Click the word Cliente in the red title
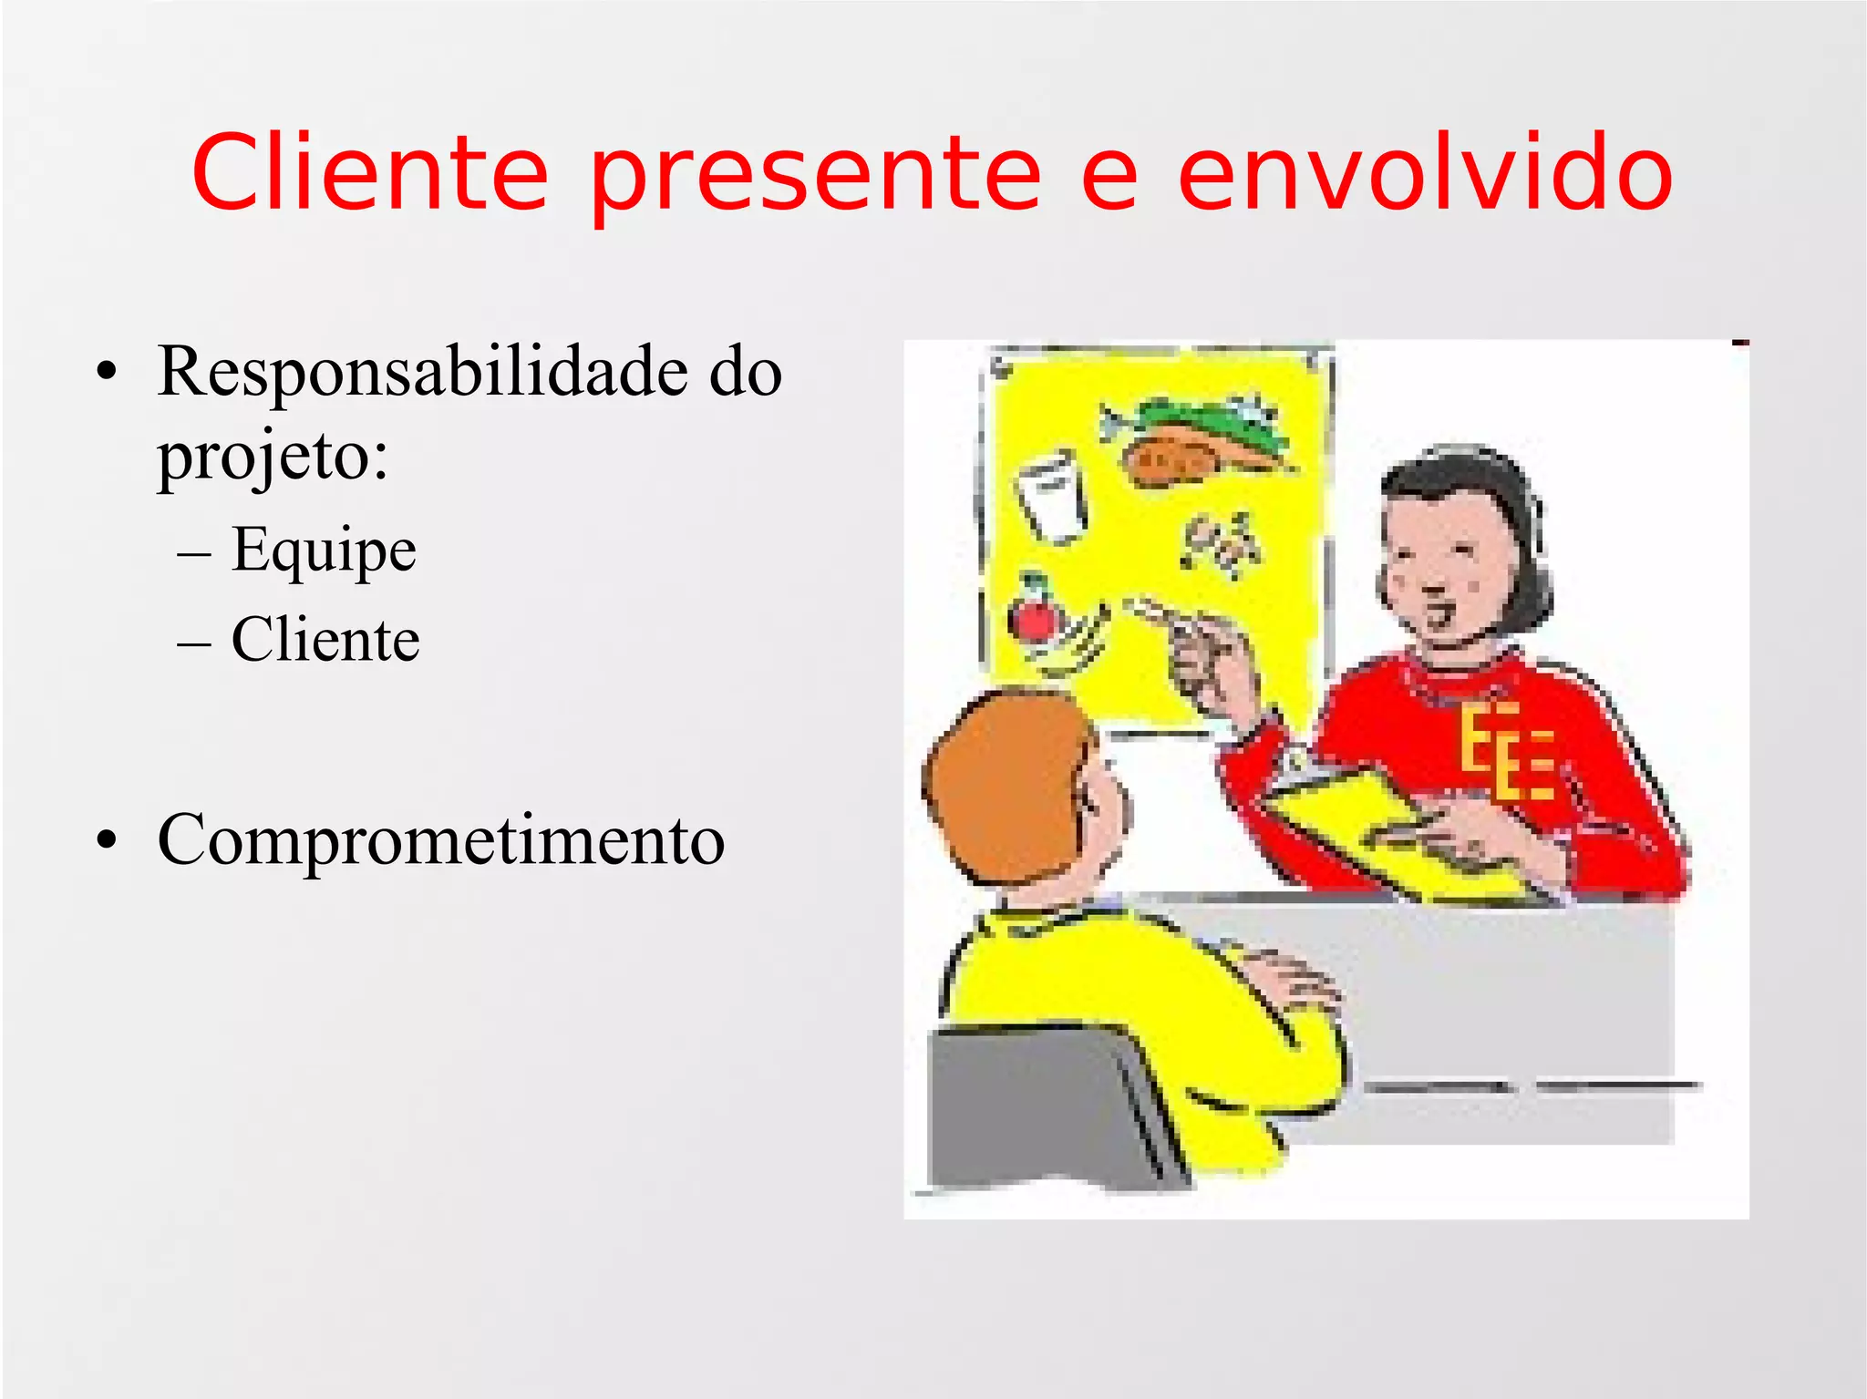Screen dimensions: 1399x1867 369,173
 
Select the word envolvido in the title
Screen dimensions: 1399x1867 1425,173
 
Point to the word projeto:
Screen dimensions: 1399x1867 273,456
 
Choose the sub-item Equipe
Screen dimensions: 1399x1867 324,550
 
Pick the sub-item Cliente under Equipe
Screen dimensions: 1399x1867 325,639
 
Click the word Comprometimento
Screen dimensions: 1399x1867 441,839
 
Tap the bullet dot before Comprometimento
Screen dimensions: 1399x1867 108,840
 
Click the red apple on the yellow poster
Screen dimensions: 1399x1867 1033,617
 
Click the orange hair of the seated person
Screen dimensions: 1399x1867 1003,784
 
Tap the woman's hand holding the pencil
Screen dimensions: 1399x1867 1208,661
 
